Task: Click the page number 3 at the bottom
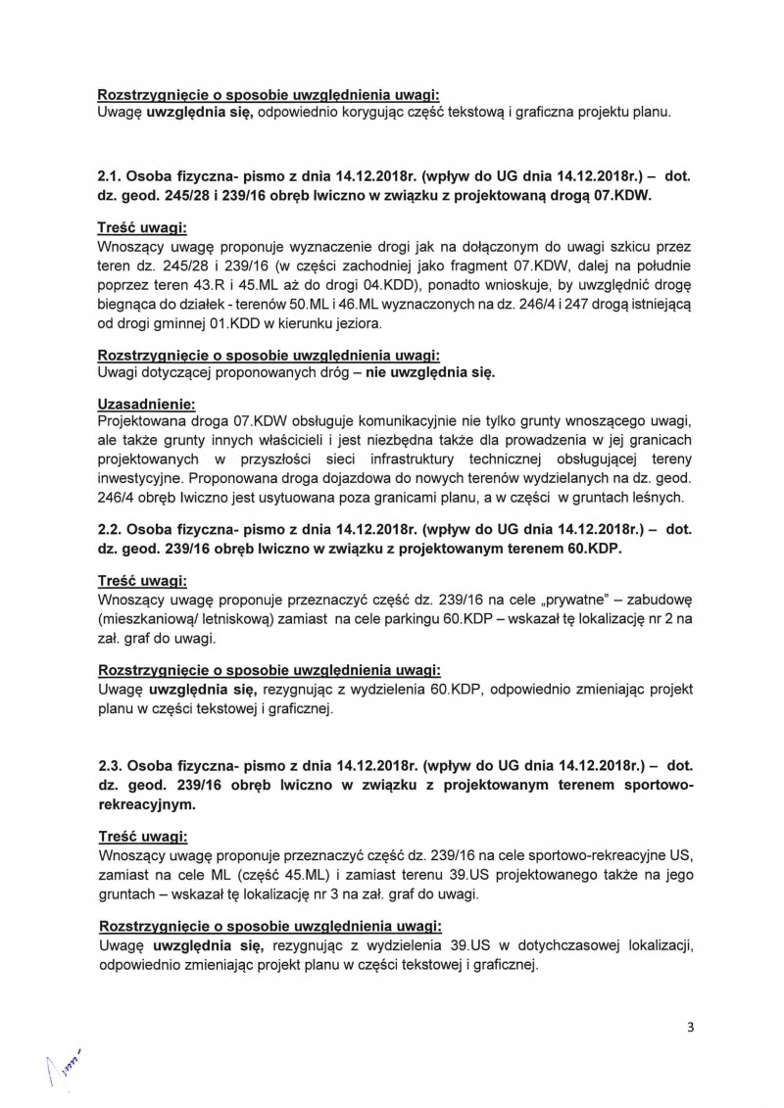pos(691,1027)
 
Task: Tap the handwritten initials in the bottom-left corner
pos(61,1062)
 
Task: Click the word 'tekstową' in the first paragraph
pos(507,113)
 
